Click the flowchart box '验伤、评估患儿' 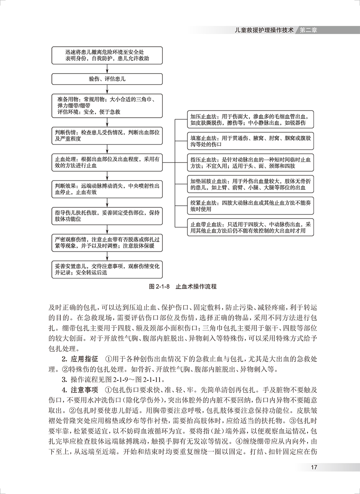tap(107, 79)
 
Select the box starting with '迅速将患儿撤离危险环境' tap(107, 55)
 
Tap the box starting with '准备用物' tap(107, 105)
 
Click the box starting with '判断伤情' tap(107, 135)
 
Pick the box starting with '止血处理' tap(107, 162)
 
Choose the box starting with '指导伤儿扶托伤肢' tap(107, 215)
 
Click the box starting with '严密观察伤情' tap(107, 242)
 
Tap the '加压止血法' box tap(251, 119)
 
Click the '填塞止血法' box tap(251, 141)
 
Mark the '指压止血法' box tap(251, 163)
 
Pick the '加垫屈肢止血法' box tap(251, 185)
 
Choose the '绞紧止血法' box tap(251, 206)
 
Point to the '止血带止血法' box tap(251, 228)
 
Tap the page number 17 tap(314, 467)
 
